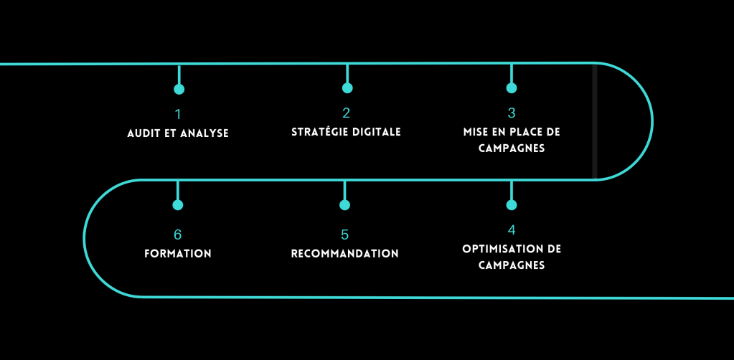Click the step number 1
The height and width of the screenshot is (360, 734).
coord(178,114)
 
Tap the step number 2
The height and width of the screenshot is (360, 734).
coord(347,113)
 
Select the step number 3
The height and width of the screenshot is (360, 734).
coord(512,113)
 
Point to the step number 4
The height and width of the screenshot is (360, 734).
coord(511,230)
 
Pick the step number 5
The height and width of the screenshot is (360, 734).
coord(344,235)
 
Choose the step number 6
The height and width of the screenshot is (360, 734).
coord(178,235)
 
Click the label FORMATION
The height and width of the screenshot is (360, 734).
coord(178,254)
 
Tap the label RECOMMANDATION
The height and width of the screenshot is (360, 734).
coord(344,254)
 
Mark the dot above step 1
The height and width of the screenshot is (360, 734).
coord(179,90)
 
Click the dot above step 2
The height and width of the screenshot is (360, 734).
coord(347,88)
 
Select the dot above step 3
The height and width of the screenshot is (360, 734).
coord(512,88)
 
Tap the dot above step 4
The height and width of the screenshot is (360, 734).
coord(512,205)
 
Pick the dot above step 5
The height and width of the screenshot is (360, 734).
coord(345,205)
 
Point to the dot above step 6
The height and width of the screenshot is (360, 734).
coord(178,205)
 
